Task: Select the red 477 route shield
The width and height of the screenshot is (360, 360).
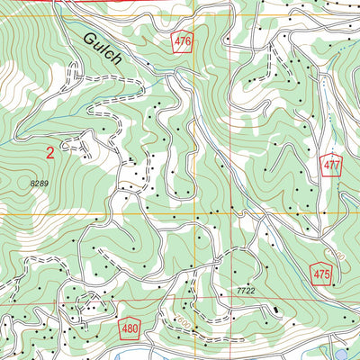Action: pos(330,165)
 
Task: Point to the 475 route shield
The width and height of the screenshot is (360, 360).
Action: pos(323,273)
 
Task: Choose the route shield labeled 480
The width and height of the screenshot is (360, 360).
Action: pos(130,328)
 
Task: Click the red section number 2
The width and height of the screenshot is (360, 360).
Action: pos(49,154)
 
